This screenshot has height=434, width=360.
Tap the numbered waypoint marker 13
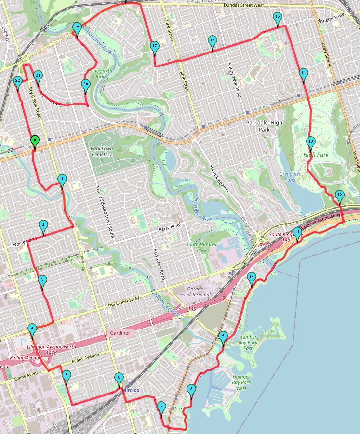pos(310,142)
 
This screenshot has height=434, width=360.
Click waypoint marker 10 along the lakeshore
pos(252,277)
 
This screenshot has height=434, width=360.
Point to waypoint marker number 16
pos(212,41)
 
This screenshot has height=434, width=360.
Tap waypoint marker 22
pos(18,81)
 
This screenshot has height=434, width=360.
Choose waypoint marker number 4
pos(32,329)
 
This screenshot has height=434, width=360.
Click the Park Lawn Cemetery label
pos(101,152)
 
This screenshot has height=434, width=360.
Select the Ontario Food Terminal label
pos(196,291)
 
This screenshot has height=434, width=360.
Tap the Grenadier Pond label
pos(290,176)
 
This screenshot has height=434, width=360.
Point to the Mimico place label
pos(130,389)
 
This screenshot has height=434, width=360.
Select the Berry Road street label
pos(169,225)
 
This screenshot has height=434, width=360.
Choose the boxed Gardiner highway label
pos(118,333)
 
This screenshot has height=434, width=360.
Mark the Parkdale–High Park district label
pos(264,126)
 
